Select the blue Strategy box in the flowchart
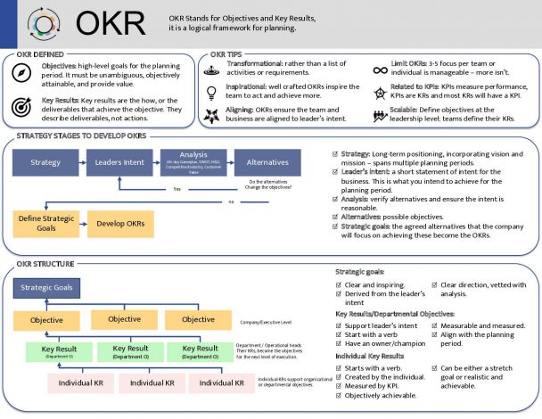coord(45,163)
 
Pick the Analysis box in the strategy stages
coord(193,162)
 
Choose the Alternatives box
coord(267,163)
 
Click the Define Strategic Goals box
coord(45,222)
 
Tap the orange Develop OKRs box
coord(120,222)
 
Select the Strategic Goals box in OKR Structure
coord(48,287)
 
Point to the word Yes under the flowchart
coord(177,189)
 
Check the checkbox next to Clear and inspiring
coord(339,283)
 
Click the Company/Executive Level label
coord(267,320)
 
